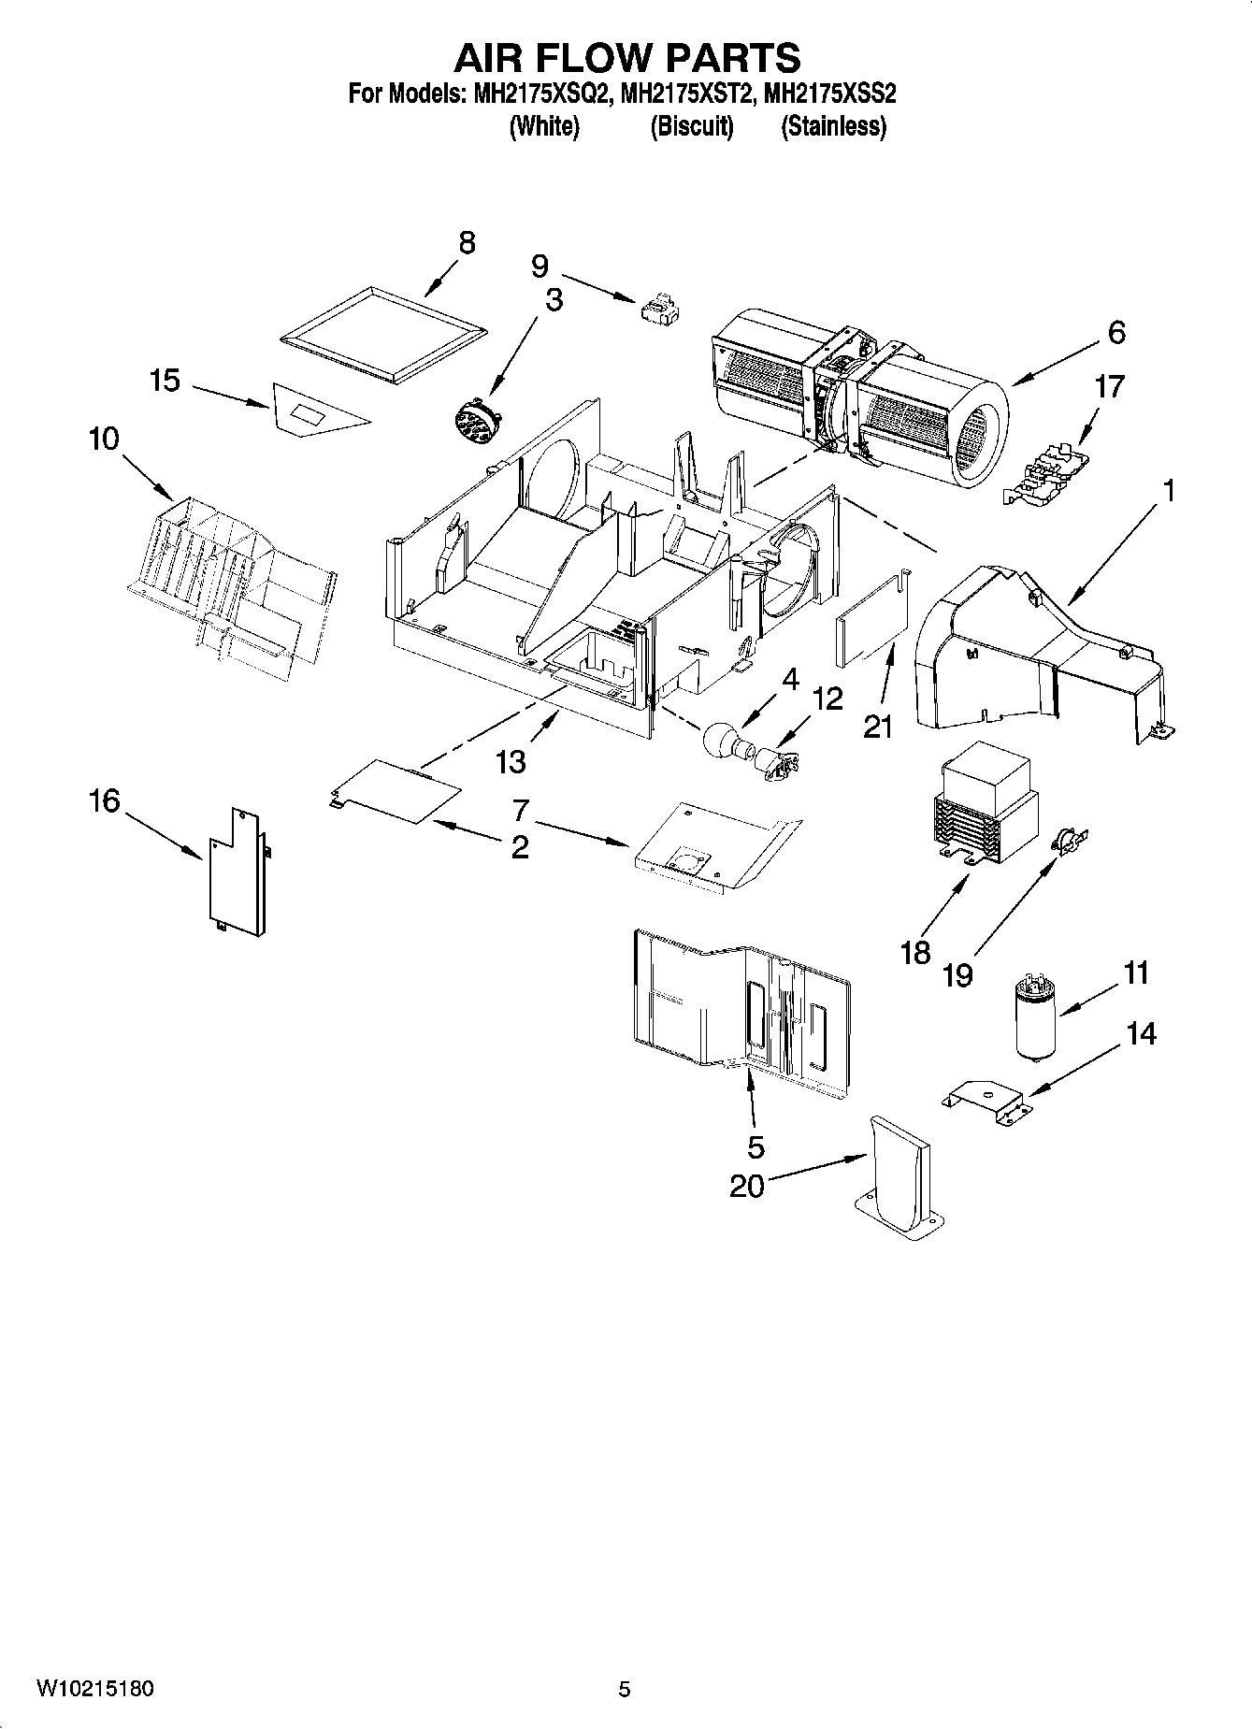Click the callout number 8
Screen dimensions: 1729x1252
click(466, 243)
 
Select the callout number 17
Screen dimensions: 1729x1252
click(1109, 386)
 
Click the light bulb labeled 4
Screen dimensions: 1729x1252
click(721, 740)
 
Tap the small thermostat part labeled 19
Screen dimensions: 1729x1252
click(1064, 842)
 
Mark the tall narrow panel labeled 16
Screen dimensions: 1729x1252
click(234, 872)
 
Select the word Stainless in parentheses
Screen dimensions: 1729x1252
click(833, 126)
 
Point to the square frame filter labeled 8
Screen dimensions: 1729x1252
click(385, 337)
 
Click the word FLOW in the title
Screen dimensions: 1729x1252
click(627, 58)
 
